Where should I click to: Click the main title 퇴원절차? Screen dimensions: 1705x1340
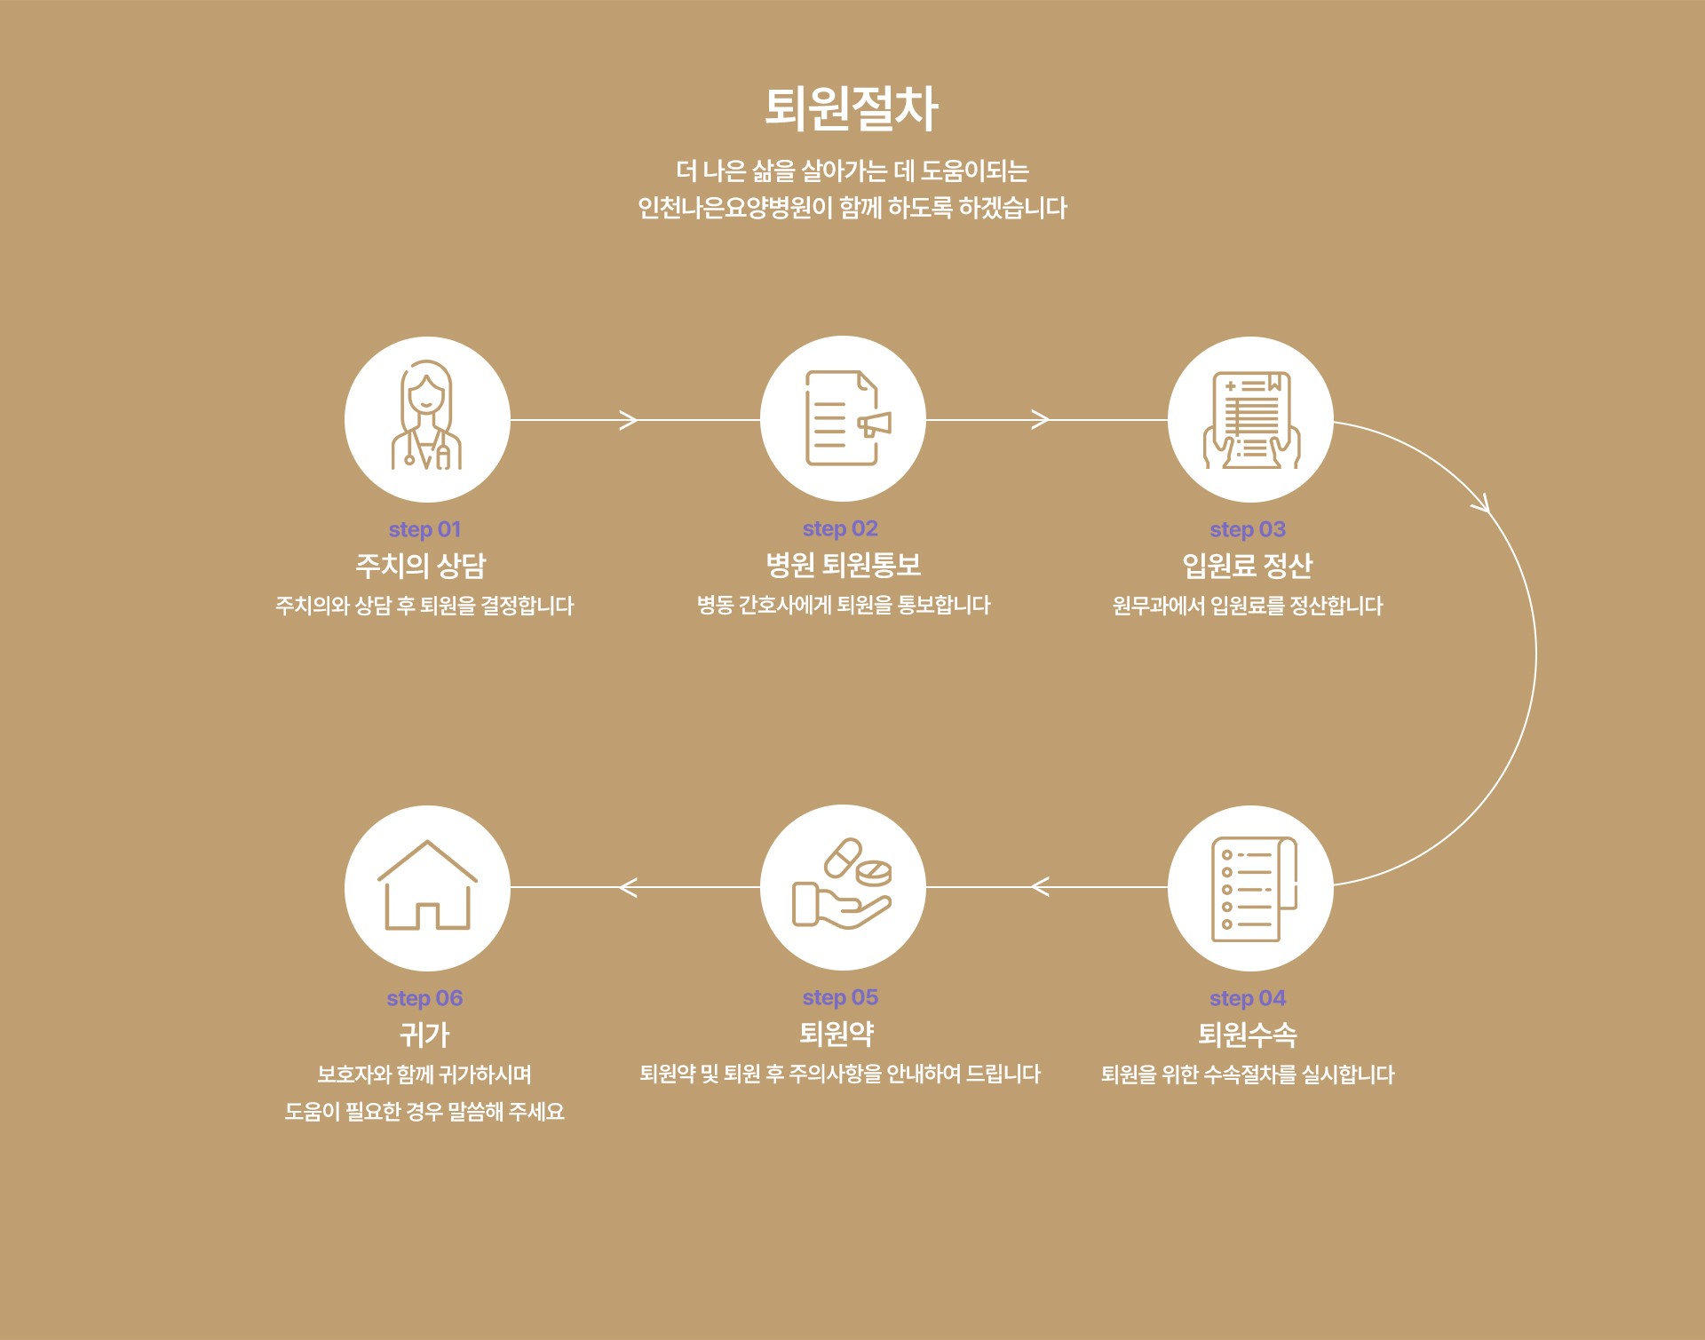pyautogui.click(x=851, y=108)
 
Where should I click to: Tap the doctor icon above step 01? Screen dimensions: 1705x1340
pyautogui.click(x=427, y=418)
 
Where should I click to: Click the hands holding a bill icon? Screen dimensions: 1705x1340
pyautogui.click(x=1250, y=419)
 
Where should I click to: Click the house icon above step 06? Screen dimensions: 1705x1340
pyautogui.click(x=427, y=887)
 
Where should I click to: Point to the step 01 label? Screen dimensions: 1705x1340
pyautogui.click(x=424, y=529)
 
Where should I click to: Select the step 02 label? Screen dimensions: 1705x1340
pyautogui.click(x=840, y=528)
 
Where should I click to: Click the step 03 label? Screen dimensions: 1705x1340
pyautogui.click(x=1248, y=529)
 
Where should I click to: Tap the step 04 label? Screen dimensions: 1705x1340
pyautogui.click(x=1248, y=998)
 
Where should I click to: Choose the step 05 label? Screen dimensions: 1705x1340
pyautogui.click(x=840, y=997)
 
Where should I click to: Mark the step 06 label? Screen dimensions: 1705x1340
pyautogui.click(x=424, y=998)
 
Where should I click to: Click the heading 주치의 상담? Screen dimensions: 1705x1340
pyautogui.click(x=421, y=566)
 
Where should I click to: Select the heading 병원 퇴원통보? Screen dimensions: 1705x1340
pyautogui.click(x=843, y=565)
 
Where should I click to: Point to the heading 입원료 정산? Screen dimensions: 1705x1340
pyautogui.click(x=1247, y=566)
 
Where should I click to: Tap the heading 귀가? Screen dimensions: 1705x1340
pyautogui.click(x=424, y=1035)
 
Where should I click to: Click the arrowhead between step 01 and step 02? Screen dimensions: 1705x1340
pyautogui.click(x=629, y=420)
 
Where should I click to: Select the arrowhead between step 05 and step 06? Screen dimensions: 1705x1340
pyautogui.click(x=628, y=887)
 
